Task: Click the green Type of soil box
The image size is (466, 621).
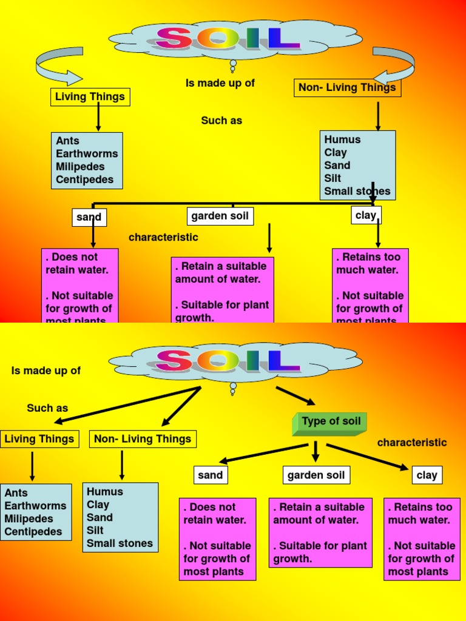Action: (x=329, y=423)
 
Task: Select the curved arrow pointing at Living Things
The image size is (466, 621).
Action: (x=58, y=65)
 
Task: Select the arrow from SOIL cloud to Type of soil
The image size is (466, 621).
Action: (x=295, y=395)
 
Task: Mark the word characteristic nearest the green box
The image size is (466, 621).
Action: (x=411, y=443)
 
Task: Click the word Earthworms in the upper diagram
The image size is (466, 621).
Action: (x=87, y=153)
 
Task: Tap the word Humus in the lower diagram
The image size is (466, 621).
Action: (x=104, y=492)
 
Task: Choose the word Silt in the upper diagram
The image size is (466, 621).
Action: (x=333, y=178)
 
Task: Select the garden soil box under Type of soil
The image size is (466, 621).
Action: (x=316, y=475)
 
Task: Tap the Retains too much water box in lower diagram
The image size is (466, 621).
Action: (x=422, y=539)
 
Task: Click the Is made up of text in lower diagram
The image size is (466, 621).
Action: (x=46, y=371)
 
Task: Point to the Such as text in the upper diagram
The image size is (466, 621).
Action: (x=221, y=121)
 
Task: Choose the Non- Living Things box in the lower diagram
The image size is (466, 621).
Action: (x=143, y=439)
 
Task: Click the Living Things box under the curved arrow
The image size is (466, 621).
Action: (x=90, y=96)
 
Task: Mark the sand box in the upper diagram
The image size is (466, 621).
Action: (x=89, y=217)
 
